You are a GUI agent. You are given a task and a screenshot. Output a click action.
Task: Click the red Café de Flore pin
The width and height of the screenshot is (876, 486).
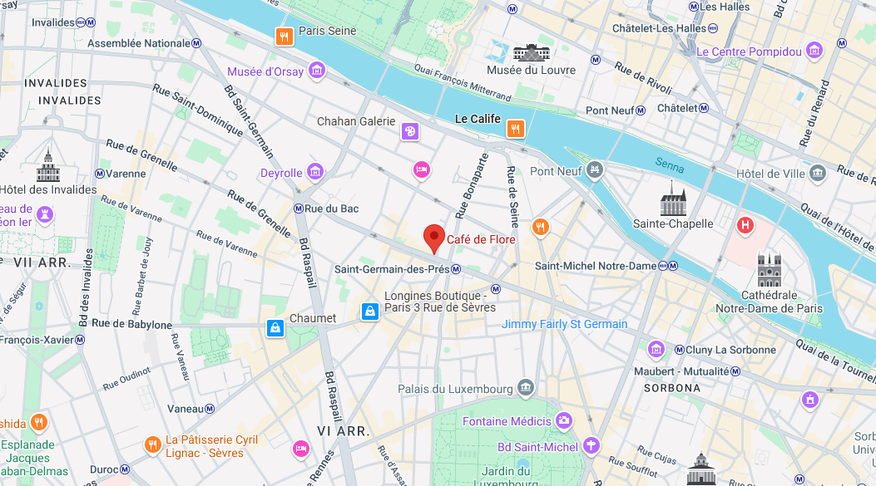tap(434, 238)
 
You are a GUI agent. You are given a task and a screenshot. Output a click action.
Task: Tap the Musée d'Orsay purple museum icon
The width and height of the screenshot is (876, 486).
tap(316, 71)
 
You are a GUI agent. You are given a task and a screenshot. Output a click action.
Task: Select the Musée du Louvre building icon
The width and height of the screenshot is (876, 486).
tap(532, 52)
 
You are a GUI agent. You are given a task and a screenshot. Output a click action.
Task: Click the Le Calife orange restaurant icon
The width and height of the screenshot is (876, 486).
tap(516, 129)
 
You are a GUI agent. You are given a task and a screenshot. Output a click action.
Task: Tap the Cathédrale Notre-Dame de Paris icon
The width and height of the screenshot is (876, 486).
tap(769, 271)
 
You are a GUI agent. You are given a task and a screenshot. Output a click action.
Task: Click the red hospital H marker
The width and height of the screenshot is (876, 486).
tap(745, 224)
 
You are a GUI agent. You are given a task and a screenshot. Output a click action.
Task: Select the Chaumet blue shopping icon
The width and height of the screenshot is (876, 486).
tap(275, 328)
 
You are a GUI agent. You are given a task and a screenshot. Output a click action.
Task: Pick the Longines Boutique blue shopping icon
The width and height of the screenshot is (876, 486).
tap(370, 312)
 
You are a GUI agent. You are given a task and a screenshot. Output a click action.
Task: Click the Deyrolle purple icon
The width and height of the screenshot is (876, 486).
tap(315, 172)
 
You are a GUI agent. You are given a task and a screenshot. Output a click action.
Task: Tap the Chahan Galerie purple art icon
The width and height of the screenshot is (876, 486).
tap(409, 131)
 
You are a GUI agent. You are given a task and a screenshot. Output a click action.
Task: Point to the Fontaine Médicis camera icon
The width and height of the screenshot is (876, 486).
tap(563, 421)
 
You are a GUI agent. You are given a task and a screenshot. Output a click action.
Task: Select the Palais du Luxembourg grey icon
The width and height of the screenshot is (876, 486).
tap(525, 387)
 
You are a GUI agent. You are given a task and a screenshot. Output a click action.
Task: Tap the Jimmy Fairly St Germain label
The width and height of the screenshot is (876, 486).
tap(564, 324)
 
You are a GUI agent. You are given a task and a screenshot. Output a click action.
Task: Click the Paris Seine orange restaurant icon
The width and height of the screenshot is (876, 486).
tap(285, 36)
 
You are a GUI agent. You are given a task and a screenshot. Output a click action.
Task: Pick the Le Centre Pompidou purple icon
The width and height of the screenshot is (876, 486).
tap(814, 52)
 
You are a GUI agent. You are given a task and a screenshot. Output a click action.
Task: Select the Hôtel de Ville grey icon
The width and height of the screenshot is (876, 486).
tap(818, 173)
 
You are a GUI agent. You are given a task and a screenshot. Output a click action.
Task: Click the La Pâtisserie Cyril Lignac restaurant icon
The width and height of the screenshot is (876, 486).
tap(152, 445)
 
